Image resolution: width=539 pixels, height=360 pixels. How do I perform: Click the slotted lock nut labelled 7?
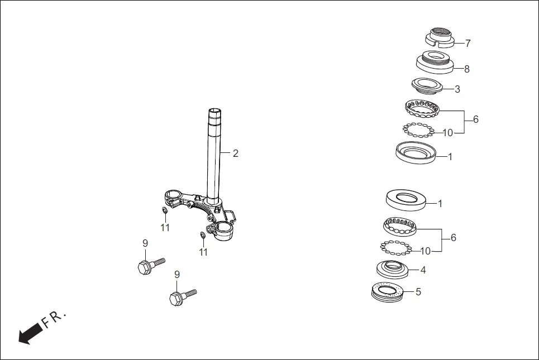[440, 37]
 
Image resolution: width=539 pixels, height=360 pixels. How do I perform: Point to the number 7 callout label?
[468, 44]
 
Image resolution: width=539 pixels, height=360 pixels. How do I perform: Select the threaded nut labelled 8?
[434, 60]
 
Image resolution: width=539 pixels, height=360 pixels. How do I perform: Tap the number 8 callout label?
[467, 69]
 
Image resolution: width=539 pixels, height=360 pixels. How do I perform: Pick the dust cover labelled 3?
[427, 85]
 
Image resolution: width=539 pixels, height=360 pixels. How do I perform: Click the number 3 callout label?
[457, 89]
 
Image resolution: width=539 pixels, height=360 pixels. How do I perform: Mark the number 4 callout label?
[423, 270]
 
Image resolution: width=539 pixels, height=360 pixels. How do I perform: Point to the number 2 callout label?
[236, 153]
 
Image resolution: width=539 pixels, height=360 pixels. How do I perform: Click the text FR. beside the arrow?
[55, 319]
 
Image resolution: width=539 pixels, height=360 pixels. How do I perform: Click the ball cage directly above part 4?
[400, 225]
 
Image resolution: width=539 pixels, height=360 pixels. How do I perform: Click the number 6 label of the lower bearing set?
[454, 238]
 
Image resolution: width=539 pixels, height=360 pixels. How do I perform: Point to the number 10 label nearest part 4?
[425, 251]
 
